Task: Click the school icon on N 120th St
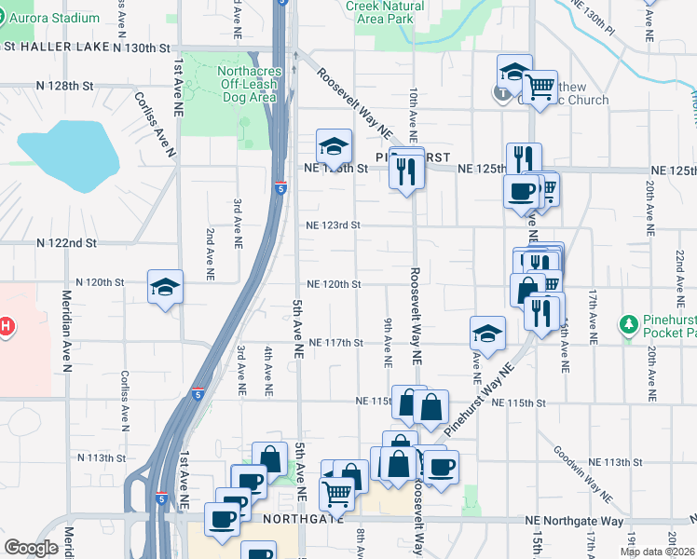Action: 165,287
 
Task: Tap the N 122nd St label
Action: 66,242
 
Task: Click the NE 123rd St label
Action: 333,225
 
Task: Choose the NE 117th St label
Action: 335,342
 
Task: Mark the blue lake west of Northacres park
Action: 68,153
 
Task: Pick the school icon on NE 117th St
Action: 487,333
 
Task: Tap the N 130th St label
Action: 142,47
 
